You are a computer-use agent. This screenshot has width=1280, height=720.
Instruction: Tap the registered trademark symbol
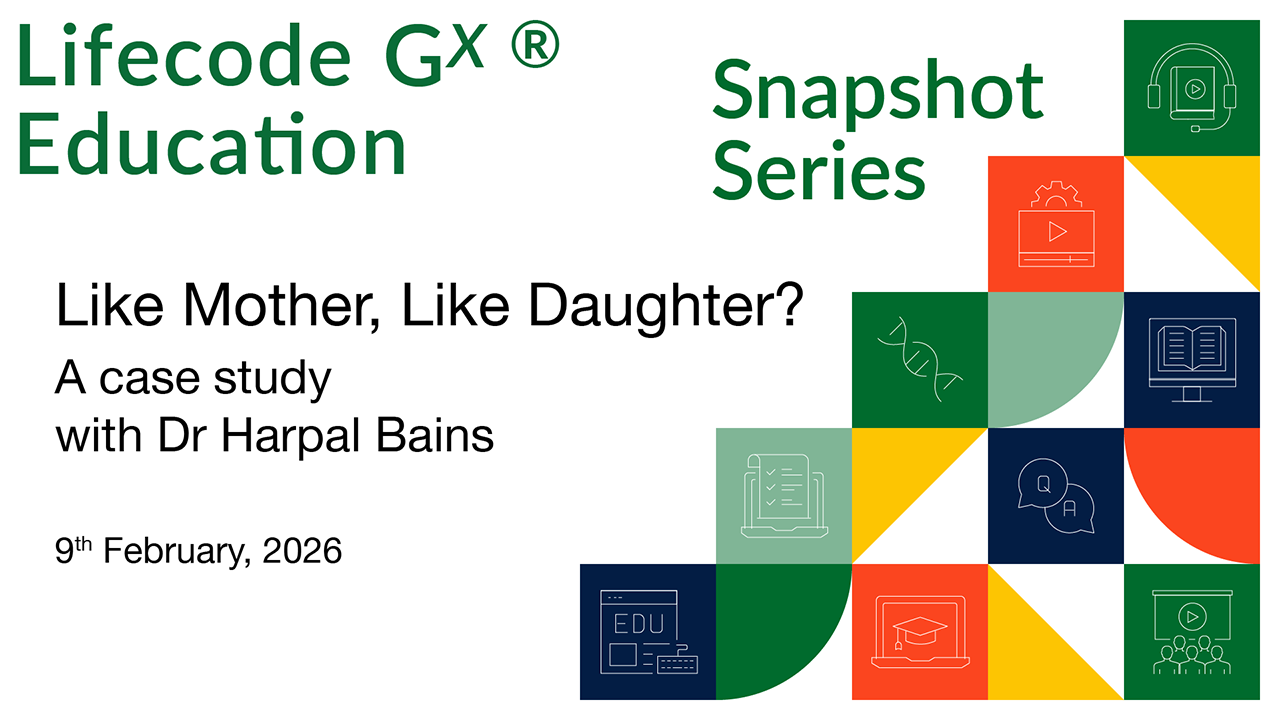(x=535, y=44)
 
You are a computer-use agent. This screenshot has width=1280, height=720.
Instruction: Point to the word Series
(x=819, y=170)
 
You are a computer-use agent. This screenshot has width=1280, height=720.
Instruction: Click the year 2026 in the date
(x=302, y=551)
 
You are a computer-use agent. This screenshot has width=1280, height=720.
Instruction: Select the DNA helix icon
(x=920, y=359)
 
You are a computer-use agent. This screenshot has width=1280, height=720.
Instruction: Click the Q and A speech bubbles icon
(x=1056, y=496)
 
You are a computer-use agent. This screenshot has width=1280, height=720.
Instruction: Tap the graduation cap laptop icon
(x=920, y=631)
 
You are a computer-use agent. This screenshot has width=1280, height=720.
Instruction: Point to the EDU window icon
(x=649, y=632)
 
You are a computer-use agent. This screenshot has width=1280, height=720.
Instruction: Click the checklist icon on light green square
(x=784, y=496)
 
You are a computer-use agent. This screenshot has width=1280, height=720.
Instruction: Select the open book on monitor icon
(x=1192, y=360)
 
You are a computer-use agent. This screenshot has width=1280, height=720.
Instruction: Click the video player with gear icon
(x=1056, y=224)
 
